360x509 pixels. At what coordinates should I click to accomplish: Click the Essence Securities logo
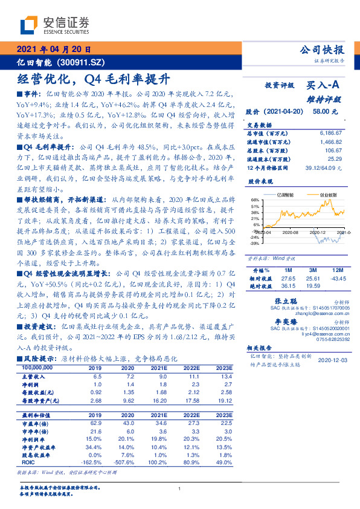pyautogui.click(x=54, y=25)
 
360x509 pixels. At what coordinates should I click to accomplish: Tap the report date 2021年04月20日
pyautogui.click(x=54, y=50)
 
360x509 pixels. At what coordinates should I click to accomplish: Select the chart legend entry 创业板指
pyautogui.click(x=328, y=195)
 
